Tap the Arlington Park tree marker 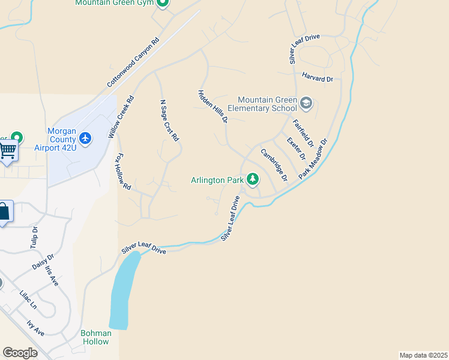(x=253, y=178)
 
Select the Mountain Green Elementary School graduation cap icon (x=306, y=103)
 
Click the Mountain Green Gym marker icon (x=163, y=3)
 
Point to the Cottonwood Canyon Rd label (x=133, y=63)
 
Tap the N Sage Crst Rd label (x=169, y=120)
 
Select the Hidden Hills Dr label (x=213, y=107)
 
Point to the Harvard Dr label (x=318, y=79)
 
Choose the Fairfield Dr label (x=303, y=133)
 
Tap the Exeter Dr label (x=296, y=148)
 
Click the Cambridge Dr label (x=274, y=164)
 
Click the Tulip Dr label (x=34, y=237)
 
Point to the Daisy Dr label (x=43, y=261)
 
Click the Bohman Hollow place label (x=96, y=337)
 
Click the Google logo (x=20, y=352)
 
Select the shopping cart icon (x=8, y=149)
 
